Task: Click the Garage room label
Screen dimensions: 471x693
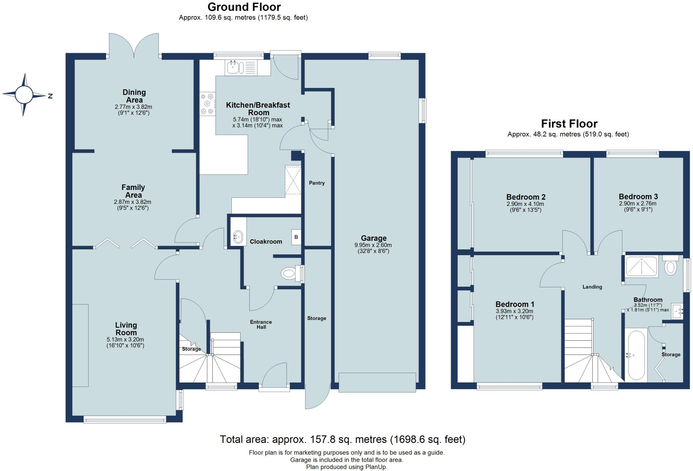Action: [373, 238]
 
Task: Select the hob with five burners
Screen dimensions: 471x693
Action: [207, 104]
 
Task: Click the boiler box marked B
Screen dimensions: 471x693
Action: [296, 237]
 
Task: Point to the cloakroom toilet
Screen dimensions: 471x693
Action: [289, 273]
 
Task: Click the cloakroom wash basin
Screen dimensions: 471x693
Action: [238, 237]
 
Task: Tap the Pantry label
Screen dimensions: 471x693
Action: [317, 183]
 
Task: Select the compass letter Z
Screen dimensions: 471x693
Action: [50, 96]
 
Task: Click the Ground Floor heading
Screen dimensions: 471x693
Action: [244, 7]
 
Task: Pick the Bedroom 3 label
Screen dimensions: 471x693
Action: [638, 196]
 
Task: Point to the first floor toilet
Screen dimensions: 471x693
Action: [670, 266]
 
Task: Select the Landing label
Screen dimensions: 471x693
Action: [592, 287]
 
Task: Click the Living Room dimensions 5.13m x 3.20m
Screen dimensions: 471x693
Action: [125, 339]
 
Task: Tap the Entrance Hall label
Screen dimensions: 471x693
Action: [261, 324]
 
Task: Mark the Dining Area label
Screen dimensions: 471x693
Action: [134, 96]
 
